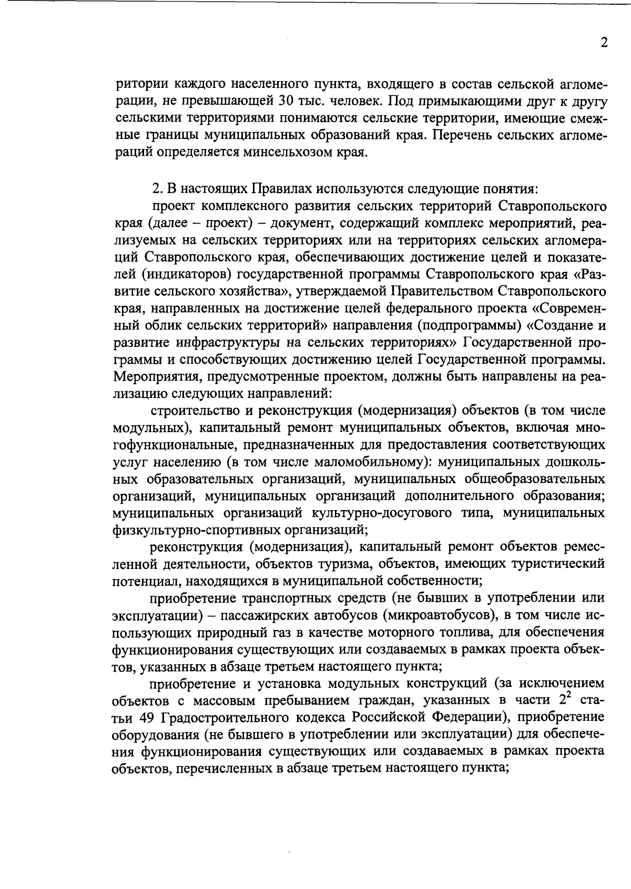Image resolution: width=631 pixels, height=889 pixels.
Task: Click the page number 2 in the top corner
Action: coord(604,43)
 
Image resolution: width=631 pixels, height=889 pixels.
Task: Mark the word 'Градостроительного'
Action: coord(255,718)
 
